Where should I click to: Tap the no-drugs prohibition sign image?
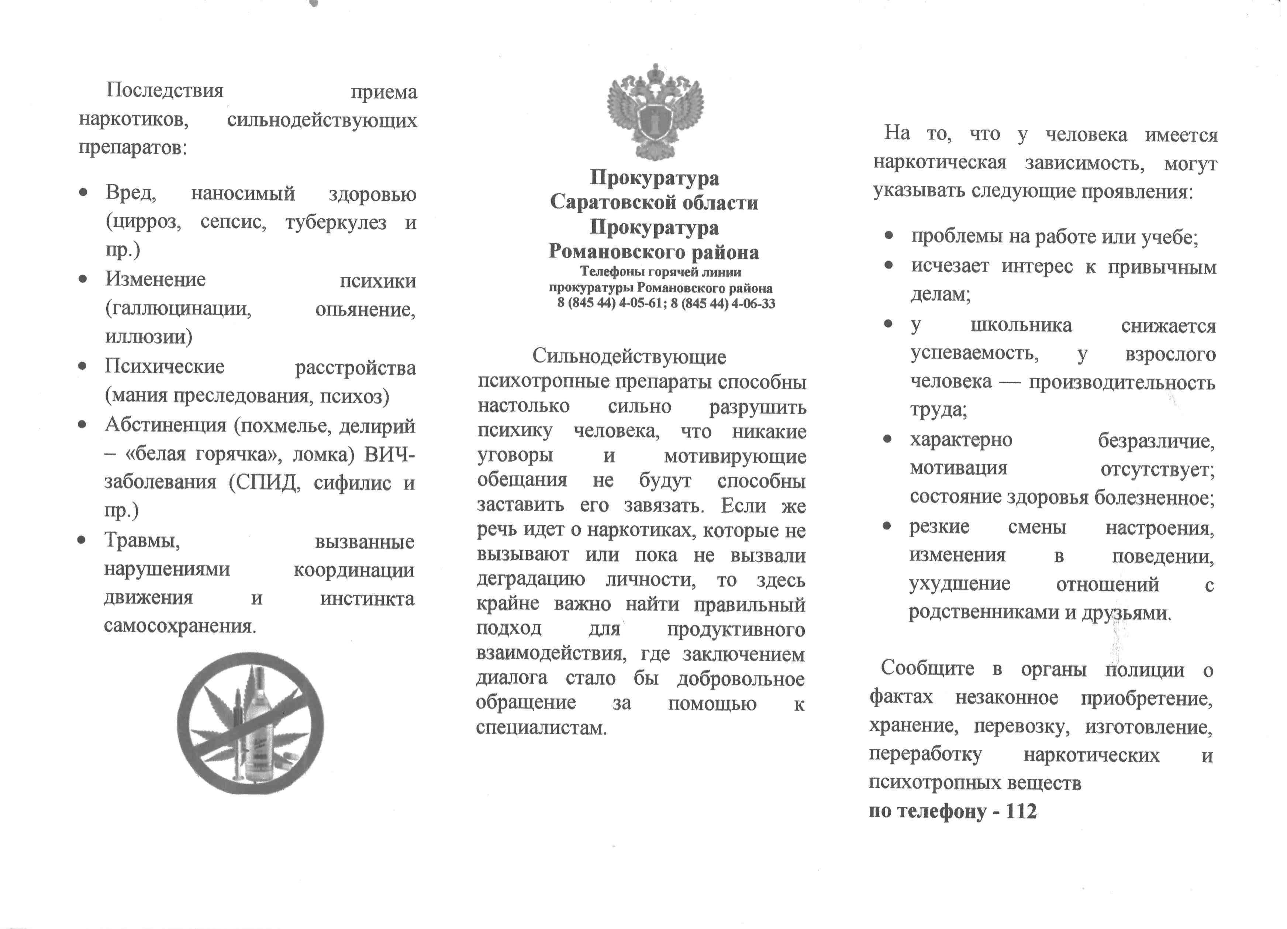coord(250,723)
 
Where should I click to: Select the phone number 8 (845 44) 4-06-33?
coord(722,303)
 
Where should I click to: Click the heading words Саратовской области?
coord(654,202)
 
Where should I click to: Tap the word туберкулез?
coord(336,222)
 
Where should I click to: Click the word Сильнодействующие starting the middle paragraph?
coord(629,356)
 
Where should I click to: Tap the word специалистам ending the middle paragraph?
coord(541,728)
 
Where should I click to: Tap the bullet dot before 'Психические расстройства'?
coord(83,366)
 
